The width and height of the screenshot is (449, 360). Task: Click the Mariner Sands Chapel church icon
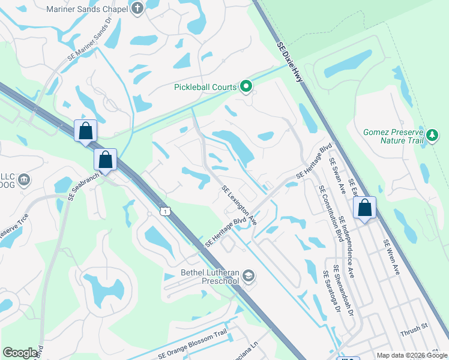[x=137, y=8]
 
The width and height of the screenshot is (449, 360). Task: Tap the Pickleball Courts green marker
[x=246, y=87]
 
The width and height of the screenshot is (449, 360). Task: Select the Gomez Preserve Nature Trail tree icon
[x=431, y=136]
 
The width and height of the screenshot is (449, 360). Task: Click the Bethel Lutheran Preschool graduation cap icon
[x=249, y=276]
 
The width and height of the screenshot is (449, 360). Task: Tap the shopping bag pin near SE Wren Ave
[x=364, y=208]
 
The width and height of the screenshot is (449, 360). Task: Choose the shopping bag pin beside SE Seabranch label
[x=106, y=160]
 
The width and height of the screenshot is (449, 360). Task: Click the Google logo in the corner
[x=20, y=353]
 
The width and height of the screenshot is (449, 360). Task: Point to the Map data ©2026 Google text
[x=412, y=355]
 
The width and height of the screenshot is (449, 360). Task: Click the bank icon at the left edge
[x=24, y=179]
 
